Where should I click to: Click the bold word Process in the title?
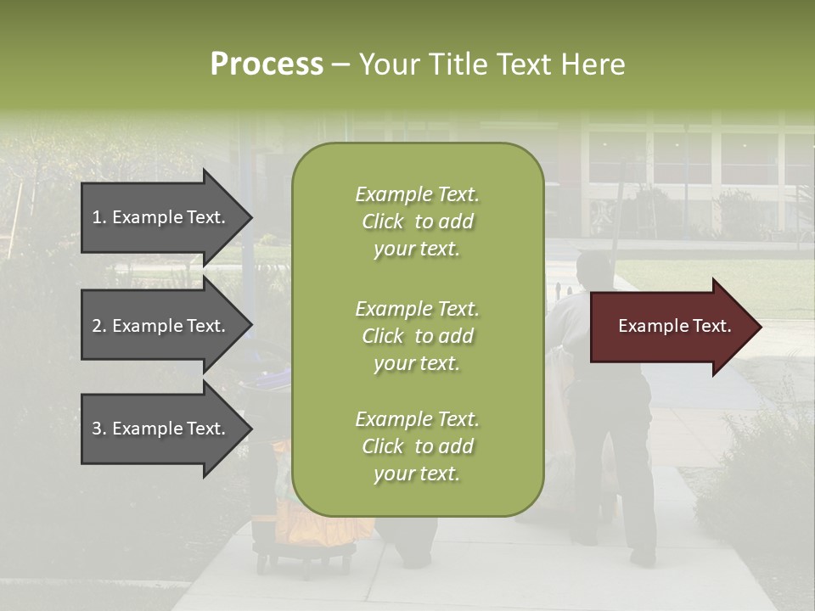(x=267, y=64)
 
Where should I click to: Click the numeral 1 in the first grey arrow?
(x=97, y=217)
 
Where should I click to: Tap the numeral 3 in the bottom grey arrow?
(x=97, y=429)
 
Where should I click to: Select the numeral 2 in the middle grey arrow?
(x=97, y=326)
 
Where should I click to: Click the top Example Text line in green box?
(x=417, y=194)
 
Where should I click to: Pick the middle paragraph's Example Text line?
(x=417, y=309)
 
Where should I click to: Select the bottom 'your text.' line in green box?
(x=417, y=474)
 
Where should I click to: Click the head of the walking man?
(x=593, y=269)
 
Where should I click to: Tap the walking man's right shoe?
(x=643, y=556)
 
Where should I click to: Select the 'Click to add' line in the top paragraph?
(x=417, y=221)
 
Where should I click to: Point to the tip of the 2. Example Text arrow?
(x=250, y=326)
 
